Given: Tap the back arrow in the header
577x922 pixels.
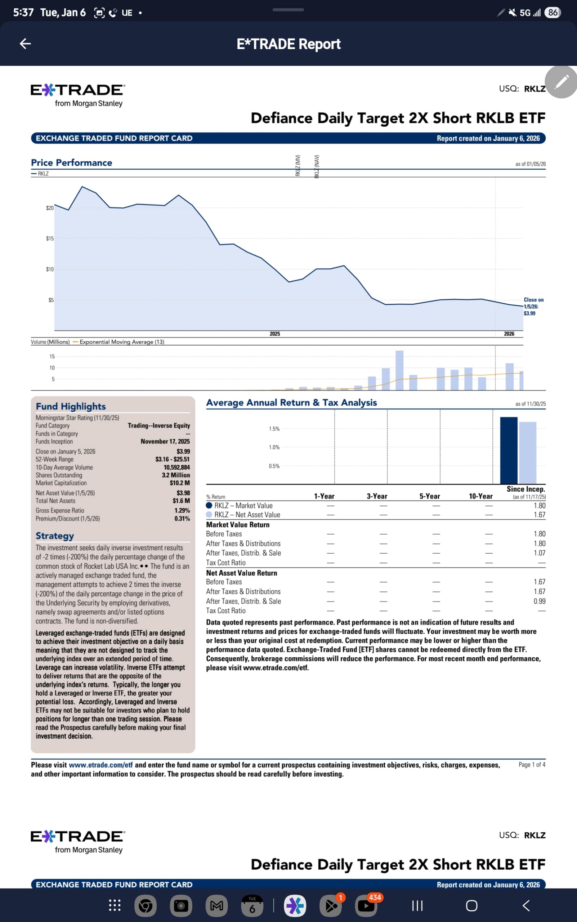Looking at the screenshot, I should pos(25,44).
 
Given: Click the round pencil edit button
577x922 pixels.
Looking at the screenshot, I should pos(561,82).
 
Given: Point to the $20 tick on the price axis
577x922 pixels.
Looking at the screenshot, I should pos(50,208).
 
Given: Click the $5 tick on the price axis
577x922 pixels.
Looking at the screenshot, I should pos(51,300).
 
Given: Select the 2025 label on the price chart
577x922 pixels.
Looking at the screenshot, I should pos(275,334).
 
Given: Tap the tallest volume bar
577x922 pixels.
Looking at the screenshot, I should pos(399,370).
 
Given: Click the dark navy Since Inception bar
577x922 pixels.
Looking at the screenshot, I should pos(508,450).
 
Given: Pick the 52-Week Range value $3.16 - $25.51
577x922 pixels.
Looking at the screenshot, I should pos(172,459).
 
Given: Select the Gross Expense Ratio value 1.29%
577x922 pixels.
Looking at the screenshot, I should pos(182,510).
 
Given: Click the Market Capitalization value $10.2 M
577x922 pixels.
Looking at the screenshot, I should pos(180,483).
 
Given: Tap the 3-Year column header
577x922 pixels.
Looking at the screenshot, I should pos(377,496).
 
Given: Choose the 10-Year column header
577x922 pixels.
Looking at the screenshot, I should pos(480,496).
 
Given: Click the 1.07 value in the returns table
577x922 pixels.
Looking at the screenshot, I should pos(539,552).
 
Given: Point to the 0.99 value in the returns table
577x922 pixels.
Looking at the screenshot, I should pos(539,601).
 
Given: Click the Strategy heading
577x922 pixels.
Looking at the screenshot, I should pos(55,536).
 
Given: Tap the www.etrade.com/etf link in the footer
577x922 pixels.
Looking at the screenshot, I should pos(101,765).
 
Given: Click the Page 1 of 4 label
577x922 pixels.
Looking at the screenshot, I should pos(532,764).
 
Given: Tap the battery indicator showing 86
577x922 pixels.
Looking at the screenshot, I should pos(553,13).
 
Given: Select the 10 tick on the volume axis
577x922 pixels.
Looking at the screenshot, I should pos(52,368).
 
